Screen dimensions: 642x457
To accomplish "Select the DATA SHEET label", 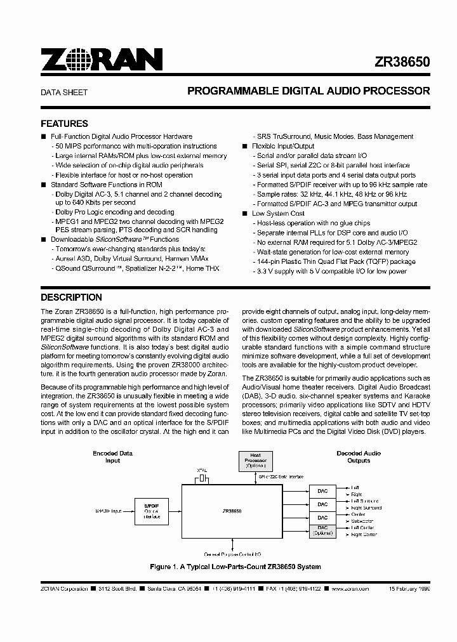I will point(64,92).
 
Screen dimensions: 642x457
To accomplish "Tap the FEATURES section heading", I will point(64,124).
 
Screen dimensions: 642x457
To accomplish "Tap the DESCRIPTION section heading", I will point(71,297).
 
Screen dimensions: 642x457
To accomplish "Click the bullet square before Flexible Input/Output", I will point(245,146).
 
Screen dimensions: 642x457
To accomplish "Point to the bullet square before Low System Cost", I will point(245,213).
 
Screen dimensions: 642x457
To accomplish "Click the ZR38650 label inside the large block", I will point(232,510).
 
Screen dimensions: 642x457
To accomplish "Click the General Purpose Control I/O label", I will point(232,554).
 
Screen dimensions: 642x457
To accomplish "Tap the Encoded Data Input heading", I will point(112,457).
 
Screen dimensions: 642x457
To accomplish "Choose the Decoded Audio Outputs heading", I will point(358,457).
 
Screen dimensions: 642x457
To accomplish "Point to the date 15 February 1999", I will point(409,589).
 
